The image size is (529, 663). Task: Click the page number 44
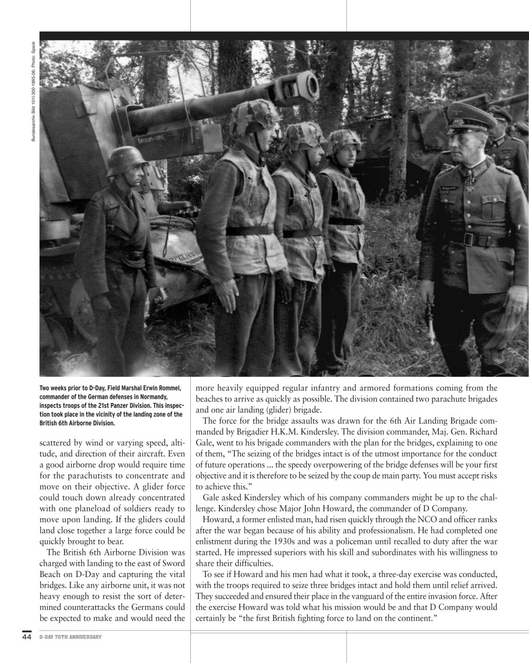tap(26, 636)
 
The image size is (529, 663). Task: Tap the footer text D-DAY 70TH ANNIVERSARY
tap(70, 637)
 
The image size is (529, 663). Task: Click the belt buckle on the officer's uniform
tap(469, 239)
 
